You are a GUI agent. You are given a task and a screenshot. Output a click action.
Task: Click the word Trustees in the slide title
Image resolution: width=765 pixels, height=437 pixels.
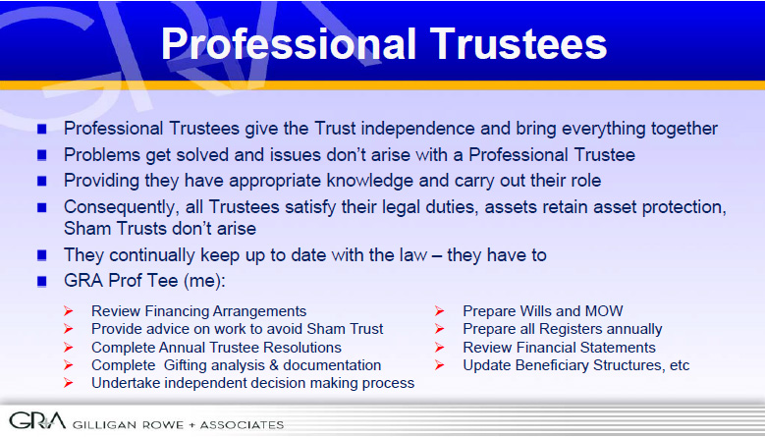click(519, 43)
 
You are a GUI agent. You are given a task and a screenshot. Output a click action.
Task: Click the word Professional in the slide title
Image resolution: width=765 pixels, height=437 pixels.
click(289, 43)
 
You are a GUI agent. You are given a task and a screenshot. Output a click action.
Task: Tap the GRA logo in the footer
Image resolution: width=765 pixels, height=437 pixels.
click(37, 420)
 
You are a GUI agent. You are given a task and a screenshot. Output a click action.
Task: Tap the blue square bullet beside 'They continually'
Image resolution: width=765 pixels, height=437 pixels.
click(41, 255)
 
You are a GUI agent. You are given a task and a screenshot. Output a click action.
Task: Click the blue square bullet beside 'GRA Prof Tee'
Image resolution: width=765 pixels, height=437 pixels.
click(41, 282)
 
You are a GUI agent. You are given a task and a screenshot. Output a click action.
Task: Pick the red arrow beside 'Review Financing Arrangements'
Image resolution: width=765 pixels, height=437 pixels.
click(69, 310)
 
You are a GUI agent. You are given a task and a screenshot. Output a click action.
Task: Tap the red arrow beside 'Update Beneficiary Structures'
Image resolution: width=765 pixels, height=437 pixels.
click(440, 364)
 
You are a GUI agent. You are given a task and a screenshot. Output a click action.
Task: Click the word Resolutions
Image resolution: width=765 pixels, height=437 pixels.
click(302, 348)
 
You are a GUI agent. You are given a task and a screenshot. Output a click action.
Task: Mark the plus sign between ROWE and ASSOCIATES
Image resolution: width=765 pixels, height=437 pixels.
click(191, 425)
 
